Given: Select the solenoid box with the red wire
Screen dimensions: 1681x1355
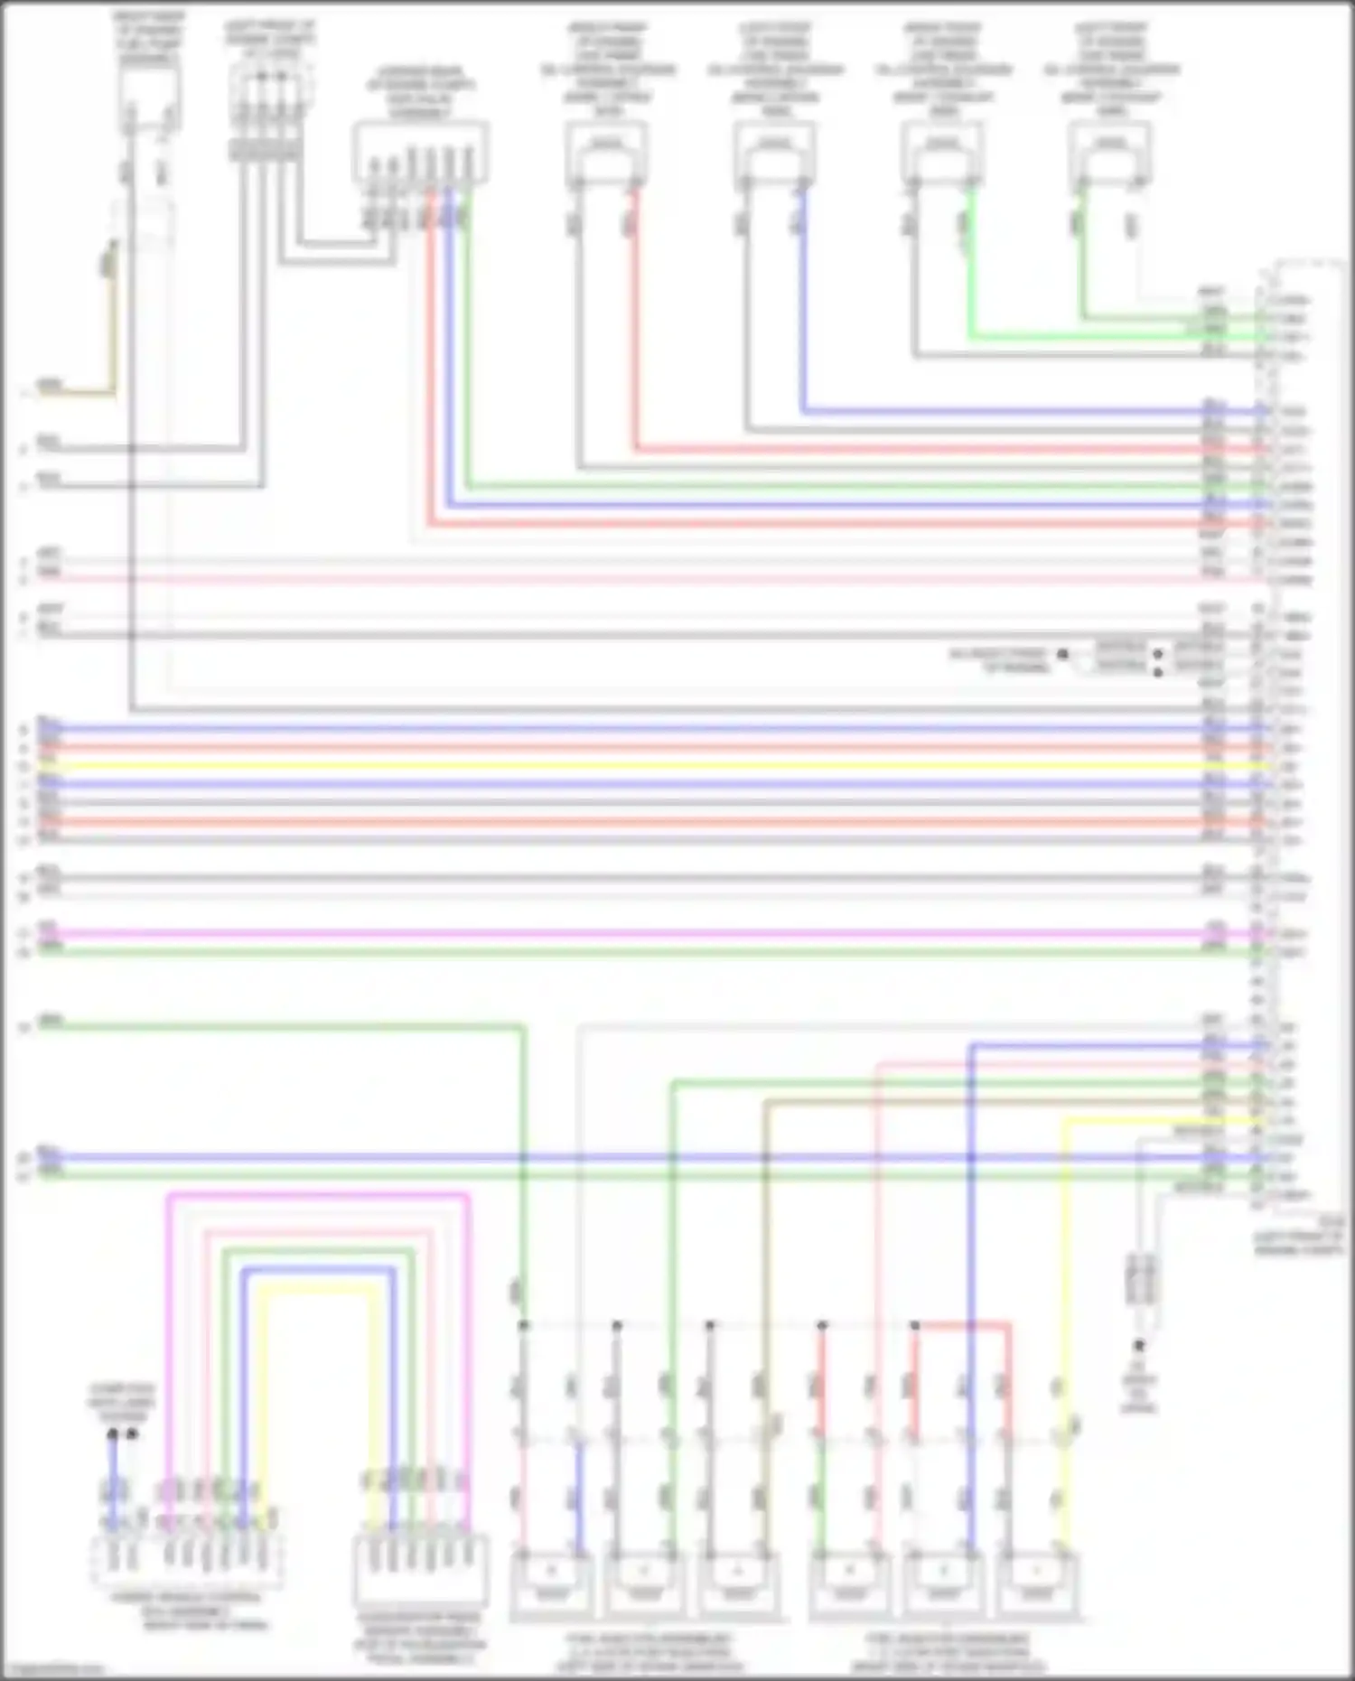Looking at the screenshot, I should [606, 148].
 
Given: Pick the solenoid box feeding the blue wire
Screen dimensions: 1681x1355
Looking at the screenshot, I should [774, 148].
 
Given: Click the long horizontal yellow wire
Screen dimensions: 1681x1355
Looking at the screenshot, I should [632, 766].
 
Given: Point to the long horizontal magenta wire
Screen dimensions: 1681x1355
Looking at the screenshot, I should [632, 932].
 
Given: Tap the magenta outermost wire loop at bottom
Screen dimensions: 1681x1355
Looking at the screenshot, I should [316, 1196].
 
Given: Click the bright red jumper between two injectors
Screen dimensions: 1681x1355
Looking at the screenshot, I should [963, 1326].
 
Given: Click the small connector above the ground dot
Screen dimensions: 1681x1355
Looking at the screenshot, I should [1140, 1278].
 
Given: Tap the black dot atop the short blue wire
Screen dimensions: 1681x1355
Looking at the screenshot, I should [112, 1434].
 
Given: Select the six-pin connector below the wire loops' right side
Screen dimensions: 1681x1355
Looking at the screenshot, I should [421, 1567].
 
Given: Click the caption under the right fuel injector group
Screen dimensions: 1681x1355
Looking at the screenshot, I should [948, 1652].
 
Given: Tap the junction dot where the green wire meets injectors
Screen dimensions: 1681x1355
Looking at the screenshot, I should [523, 1325].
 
